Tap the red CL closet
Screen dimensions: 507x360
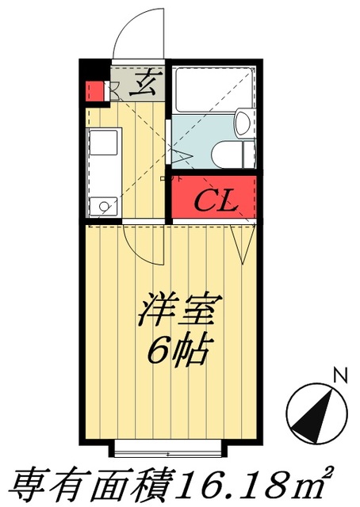215,199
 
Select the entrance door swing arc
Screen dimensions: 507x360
139,36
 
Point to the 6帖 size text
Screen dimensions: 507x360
180,349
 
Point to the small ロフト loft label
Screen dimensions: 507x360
166,179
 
